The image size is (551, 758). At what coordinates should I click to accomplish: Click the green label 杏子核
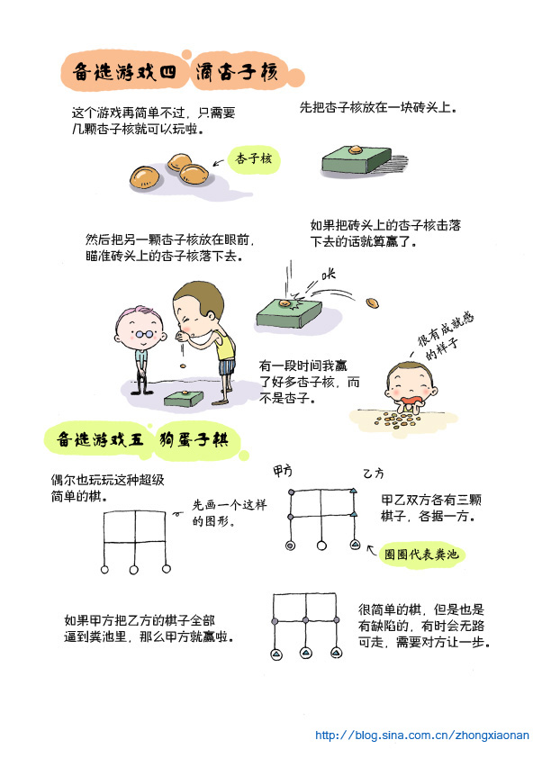click(253, 158)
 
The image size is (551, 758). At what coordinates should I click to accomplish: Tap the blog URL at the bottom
click(422, 735)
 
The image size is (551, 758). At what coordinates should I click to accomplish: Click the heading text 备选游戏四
click(124, 72)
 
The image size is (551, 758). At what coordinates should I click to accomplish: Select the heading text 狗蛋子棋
click(194, 440)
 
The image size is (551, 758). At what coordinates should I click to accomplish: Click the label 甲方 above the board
click(283, 470)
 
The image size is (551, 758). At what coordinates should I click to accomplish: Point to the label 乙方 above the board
click(373, 474)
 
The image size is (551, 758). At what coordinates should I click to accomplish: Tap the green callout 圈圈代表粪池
click(421, 554)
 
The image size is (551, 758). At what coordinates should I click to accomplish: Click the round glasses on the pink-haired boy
click(144, 334)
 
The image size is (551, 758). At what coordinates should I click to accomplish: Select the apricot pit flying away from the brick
click(372, 303)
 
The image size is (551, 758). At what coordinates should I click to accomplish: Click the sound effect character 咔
click(329, 274)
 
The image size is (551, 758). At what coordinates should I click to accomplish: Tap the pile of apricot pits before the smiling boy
click(397, 420)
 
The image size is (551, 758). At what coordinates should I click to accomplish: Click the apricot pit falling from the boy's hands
click(183, 366)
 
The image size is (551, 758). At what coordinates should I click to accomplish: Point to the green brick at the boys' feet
click(183, 399)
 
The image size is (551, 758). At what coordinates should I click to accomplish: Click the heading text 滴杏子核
click(237, 72)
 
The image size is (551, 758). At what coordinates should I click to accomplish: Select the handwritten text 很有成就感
click(446, 329)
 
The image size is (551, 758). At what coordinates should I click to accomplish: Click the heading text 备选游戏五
click(100, 440)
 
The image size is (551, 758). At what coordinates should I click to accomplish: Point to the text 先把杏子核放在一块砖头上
click(377, 107)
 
